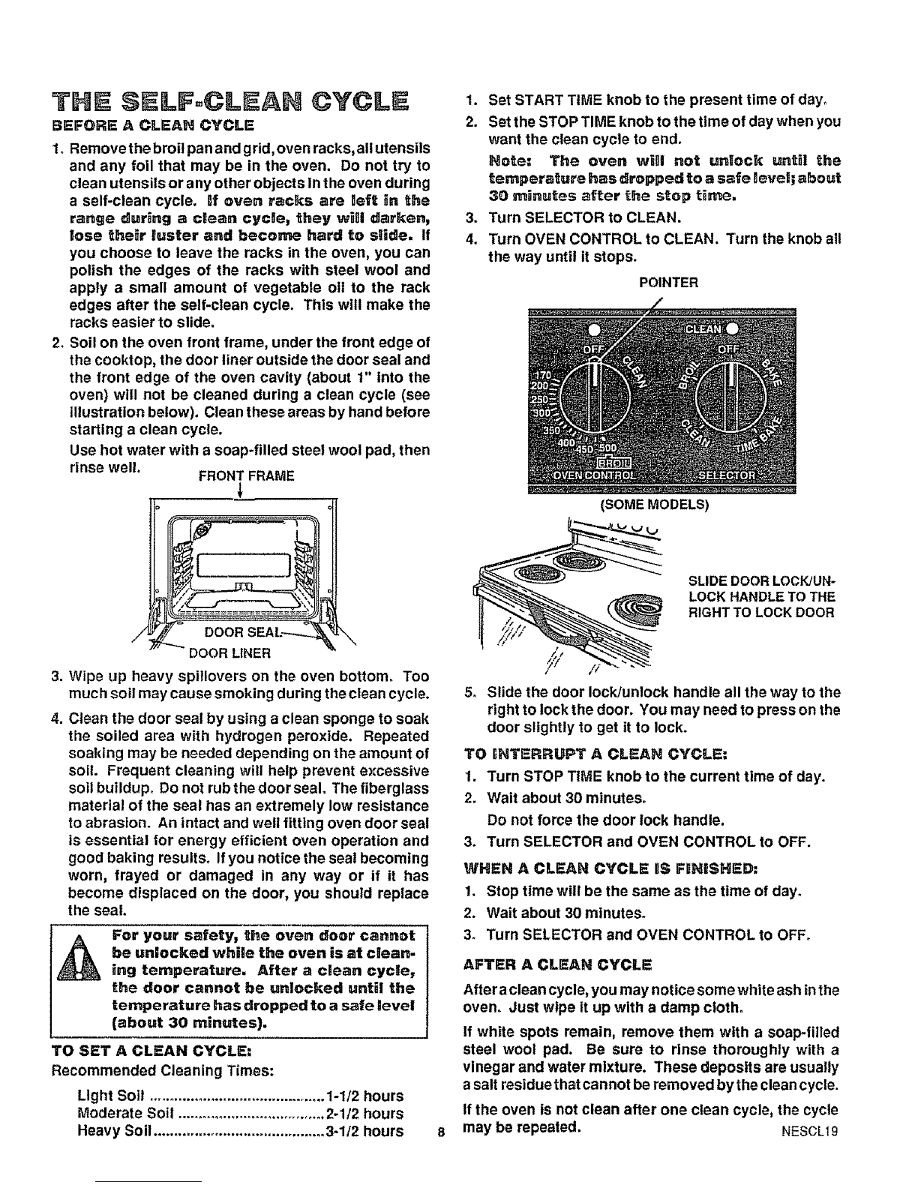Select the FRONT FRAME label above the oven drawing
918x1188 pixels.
(247, 476)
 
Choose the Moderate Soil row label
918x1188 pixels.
(126, 1113)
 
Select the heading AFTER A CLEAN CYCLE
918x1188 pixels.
(558, 964)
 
